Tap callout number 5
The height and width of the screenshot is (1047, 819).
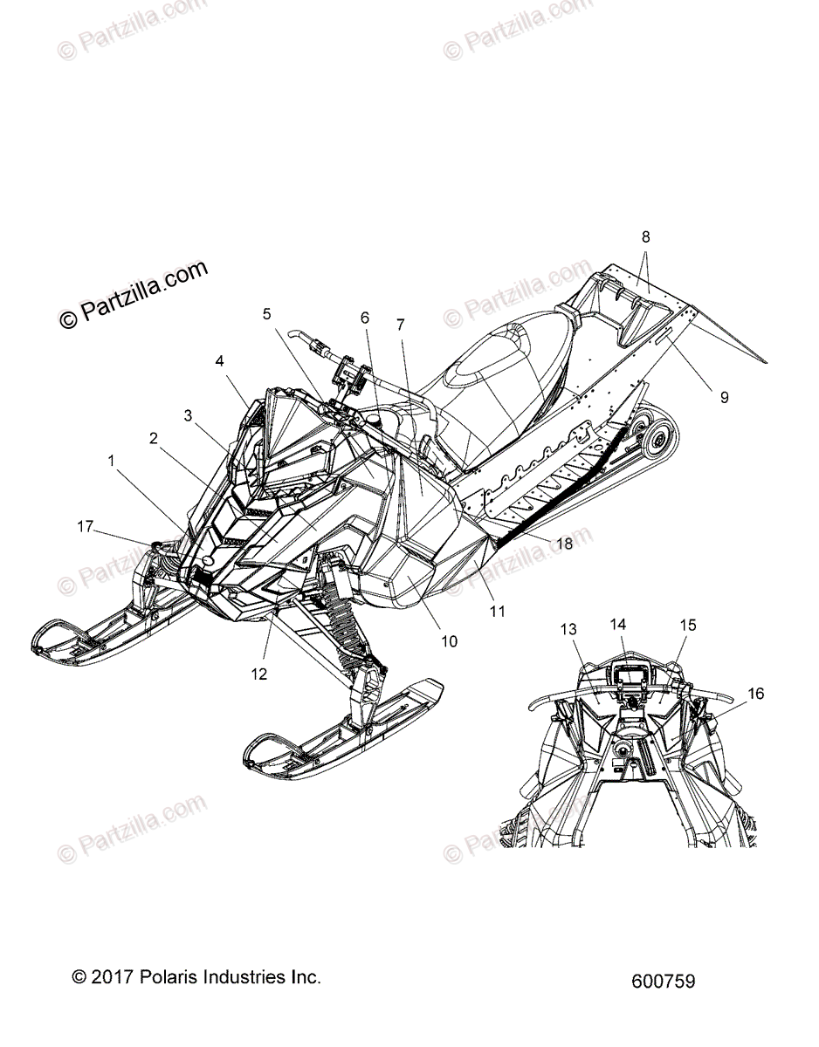click(267, 313)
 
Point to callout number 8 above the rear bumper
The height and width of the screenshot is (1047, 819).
click(646, 236)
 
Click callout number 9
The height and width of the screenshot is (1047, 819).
click(724, 397)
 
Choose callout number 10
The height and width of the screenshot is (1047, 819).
click(449, 641)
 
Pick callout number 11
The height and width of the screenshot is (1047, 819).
click(497, 612)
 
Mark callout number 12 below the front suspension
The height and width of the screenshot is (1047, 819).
click(259, 674)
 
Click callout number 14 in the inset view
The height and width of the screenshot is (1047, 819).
click(618, 624)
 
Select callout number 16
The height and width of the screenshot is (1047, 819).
click(755, 694)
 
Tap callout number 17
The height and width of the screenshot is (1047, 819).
click(85, 526)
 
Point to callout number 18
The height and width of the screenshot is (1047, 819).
click(564, 544)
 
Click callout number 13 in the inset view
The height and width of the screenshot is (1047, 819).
click(569, 629)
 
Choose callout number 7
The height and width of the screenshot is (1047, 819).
click(400, 325)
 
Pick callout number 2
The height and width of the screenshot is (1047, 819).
click(154, 439)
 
